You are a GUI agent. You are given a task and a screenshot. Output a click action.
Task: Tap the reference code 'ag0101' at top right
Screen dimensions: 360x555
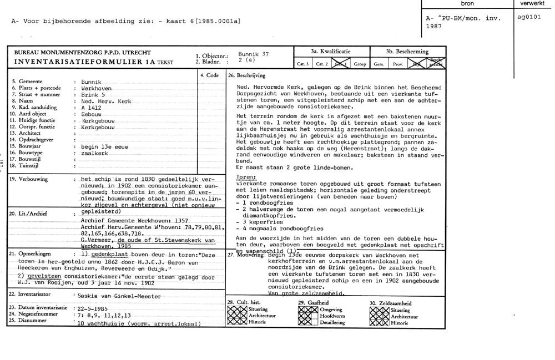[529, 17]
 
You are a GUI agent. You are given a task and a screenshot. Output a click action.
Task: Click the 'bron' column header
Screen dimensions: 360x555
[467, 4]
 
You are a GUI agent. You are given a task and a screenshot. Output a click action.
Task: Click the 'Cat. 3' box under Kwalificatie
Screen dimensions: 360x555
[303, 64]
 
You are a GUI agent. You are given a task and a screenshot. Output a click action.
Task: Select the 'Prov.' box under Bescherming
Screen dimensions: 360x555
[398, 64]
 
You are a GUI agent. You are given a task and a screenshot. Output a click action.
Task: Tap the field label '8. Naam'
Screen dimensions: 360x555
[22, 102]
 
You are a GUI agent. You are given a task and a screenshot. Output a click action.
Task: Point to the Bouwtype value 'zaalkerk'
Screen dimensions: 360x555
[94, 153]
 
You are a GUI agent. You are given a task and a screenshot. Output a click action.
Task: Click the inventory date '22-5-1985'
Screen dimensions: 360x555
[93, 308]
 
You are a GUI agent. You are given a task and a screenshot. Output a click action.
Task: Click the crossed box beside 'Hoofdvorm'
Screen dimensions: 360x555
[308, 316]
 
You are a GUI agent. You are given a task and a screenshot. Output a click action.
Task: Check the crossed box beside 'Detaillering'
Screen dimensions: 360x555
[308, 322]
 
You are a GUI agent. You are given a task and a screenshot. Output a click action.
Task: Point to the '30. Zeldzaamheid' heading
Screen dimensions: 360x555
[391, 303]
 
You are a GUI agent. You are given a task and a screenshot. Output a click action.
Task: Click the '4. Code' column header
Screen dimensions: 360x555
[209, 75]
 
